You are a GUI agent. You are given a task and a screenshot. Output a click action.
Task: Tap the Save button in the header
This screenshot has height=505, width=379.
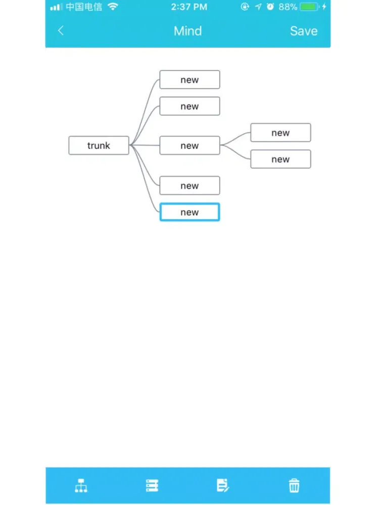tap(304, 31)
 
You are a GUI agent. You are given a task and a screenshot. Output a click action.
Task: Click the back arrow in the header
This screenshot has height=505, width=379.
tap(61, 31)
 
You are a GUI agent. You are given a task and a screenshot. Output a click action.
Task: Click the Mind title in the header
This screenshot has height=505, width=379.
tap(188, 31)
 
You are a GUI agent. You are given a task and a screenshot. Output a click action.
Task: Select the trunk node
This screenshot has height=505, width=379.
tap(99, 145)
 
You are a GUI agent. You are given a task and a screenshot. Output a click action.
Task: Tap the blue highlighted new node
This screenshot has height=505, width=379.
tap(190, 212)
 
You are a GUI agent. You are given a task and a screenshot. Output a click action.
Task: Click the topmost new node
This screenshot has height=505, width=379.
tap(190, 80)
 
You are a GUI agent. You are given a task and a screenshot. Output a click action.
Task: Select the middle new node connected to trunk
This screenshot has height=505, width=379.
tap(190, 145)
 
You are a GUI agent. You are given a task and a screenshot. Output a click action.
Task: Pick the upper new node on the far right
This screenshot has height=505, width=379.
tap(280, 132)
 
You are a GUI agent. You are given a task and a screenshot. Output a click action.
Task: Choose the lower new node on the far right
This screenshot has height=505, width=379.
tap(280, 159)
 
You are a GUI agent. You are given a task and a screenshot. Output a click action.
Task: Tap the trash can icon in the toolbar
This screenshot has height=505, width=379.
tap(294, 486)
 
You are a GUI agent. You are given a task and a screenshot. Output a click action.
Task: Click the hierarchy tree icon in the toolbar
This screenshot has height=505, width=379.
tap(81, 486)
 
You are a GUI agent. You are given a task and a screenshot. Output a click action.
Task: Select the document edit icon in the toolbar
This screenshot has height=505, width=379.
tap(223, 486)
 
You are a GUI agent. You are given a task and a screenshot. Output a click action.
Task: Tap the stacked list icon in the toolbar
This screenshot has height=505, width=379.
tap(152, 486)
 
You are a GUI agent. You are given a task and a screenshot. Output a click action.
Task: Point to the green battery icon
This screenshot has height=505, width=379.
tap(309, 7)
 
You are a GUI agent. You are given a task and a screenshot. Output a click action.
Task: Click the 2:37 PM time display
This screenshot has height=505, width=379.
tap(189, 7)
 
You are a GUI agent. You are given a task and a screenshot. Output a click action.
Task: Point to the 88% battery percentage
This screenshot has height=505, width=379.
tap(288, 7)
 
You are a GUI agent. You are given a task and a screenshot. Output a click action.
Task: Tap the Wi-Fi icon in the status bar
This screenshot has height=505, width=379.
tap(113, 7)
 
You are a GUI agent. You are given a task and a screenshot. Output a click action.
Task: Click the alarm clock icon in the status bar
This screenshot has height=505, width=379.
tap(270, 7)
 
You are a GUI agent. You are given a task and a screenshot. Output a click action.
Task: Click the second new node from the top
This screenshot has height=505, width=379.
tap(190, 106)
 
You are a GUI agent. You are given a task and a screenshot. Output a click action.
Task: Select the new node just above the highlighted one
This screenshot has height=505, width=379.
tap(190, 185)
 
